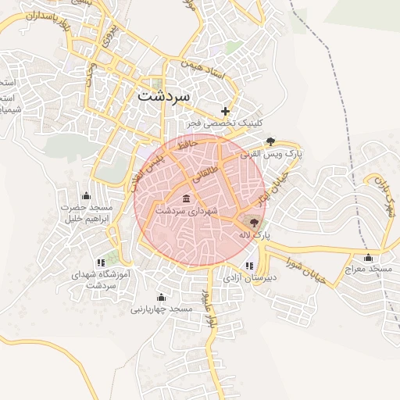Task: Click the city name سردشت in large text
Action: tap(163, 96)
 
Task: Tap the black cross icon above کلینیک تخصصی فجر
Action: tap(226, 112)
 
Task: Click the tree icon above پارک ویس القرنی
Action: tap(270, 141)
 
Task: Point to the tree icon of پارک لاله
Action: tap(254, 223)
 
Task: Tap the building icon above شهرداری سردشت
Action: tap(185, 198)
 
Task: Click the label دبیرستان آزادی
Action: tap(249, 277)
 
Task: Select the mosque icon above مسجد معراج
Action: tap(368, 257)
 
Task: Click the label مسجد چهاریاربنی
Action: tap(161, 309)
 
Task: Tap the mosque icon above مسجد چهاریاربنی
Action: tap(161, 297)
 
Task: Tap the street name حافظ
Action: tap(185, 145)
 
